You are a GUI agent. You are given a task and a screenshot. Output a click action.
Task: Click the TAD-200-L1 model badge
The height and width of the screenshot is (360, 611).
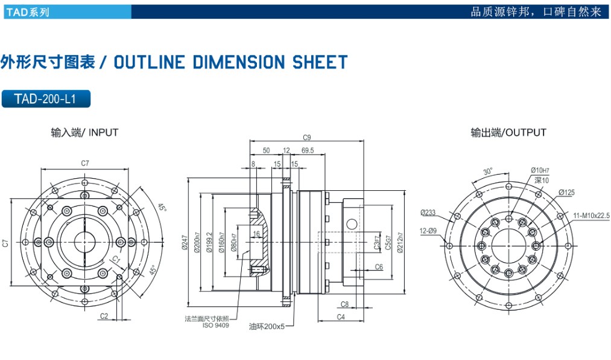(46, 98)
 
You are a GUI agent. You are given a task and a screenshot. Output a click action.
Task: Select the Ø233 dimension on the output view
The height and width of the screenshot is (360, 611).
(428, 212)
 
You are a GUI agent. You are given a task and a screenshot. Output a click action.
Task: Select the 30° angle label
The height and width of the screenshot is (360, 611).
(487, 170)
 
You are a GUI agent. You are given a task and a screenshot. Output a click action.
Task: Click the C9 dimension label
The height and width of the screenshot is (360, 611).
(306, 137)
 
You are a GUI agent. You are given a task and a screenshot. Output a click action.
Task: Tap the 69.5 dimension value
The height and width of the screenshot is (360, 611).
(307, 150)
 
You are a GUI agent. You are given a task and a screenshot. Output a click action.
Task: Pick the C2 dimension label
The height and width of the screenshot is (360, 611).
(104, 316)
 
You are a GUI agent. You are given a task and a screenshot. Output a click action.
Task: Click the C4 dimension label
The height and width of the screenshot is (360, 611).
(341, 317)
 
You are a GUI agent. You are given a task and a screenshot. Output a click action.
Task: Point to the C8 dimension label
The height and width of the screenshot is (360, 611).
(345, 304)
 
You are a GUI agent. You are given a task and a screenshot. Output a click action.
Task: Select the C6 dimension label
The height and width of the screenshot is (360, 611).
(379, 266)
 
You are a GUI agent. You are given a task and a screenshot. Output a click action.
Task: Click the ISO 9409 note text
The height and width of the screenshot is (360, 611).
(216, 325)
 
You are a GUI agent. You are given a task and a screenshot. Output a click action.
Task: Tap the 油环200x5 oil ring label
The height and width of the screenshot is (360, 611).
(266, 326)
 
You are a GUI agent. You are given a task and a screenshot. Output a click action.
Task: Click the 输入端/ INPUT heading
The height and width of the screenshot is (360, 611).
(84, 132)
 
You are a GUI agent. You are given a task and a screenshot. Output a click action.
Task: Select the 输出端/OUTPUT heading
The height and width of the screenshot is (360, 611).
(508, 132)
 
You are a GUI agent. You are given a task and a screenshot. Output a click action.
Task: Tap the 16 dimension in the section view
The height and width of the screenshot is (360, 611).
(256, 233)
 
